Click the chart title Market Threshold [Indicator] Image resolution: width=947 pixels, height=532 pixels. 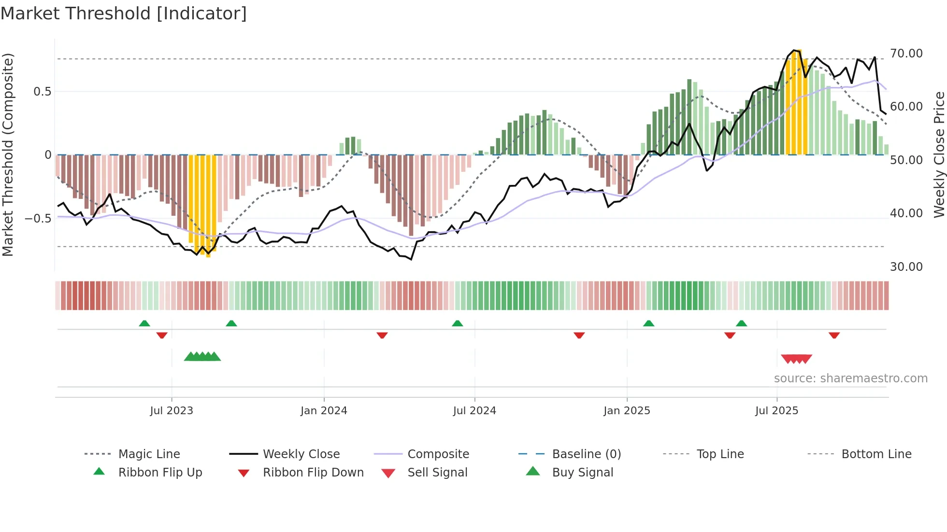point(124,14)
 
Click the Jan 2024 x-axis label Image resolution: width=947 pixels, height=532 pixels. point(324,411)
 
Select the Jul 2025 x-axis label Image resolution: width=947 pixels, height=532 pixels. point(776,411)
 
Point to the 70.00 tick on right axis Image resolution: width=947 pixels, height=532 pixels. point(906,54)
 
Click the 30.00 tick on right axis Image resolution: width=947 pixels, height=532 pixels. point(906,267)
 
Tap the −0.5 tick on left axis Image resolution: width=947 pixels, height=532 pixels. point(38,219)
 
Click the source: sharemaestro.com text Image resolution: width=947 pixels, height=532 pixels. point(850,378)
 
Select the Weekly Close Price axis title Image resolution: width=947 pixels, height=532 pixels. point(939,154)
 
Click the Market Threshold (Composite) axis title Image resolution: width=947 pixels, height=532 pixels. point(8,154)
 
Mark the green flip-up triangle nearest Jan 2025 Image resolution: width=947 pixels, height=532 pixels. point(648,323)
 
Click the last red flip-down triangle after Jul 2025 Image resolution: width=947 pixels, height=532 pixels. point(834,335)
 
